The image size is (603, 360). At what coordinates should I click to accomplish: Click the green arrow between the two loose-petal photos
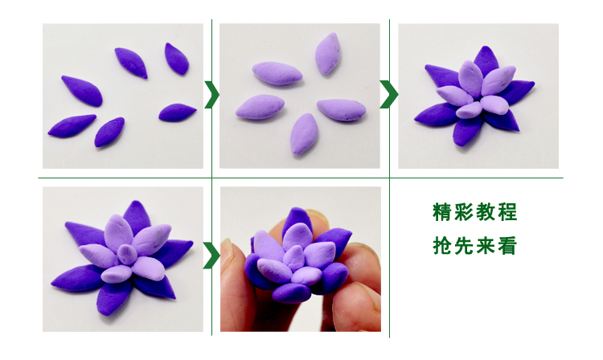click(211, 94)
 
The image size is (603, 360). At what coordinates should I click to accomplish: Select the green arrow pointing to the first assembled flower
click(389, 94)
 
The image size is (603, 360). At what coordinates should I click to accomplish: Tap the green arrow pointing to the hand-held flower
click(211, 256)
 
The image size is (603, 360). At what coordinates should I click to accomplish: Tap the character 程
click(515, 213)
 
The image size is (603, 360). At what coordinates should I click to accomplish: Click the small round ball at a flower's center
click(126, 255)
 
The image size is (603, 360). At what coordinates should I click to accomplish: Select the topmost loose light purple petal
click(326, 53)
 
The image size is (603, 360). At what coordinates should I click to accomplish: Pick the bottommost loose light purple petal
click(304, 133)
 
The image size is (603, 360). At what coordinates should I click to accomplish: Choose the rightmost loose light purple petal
click(341, 110)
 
